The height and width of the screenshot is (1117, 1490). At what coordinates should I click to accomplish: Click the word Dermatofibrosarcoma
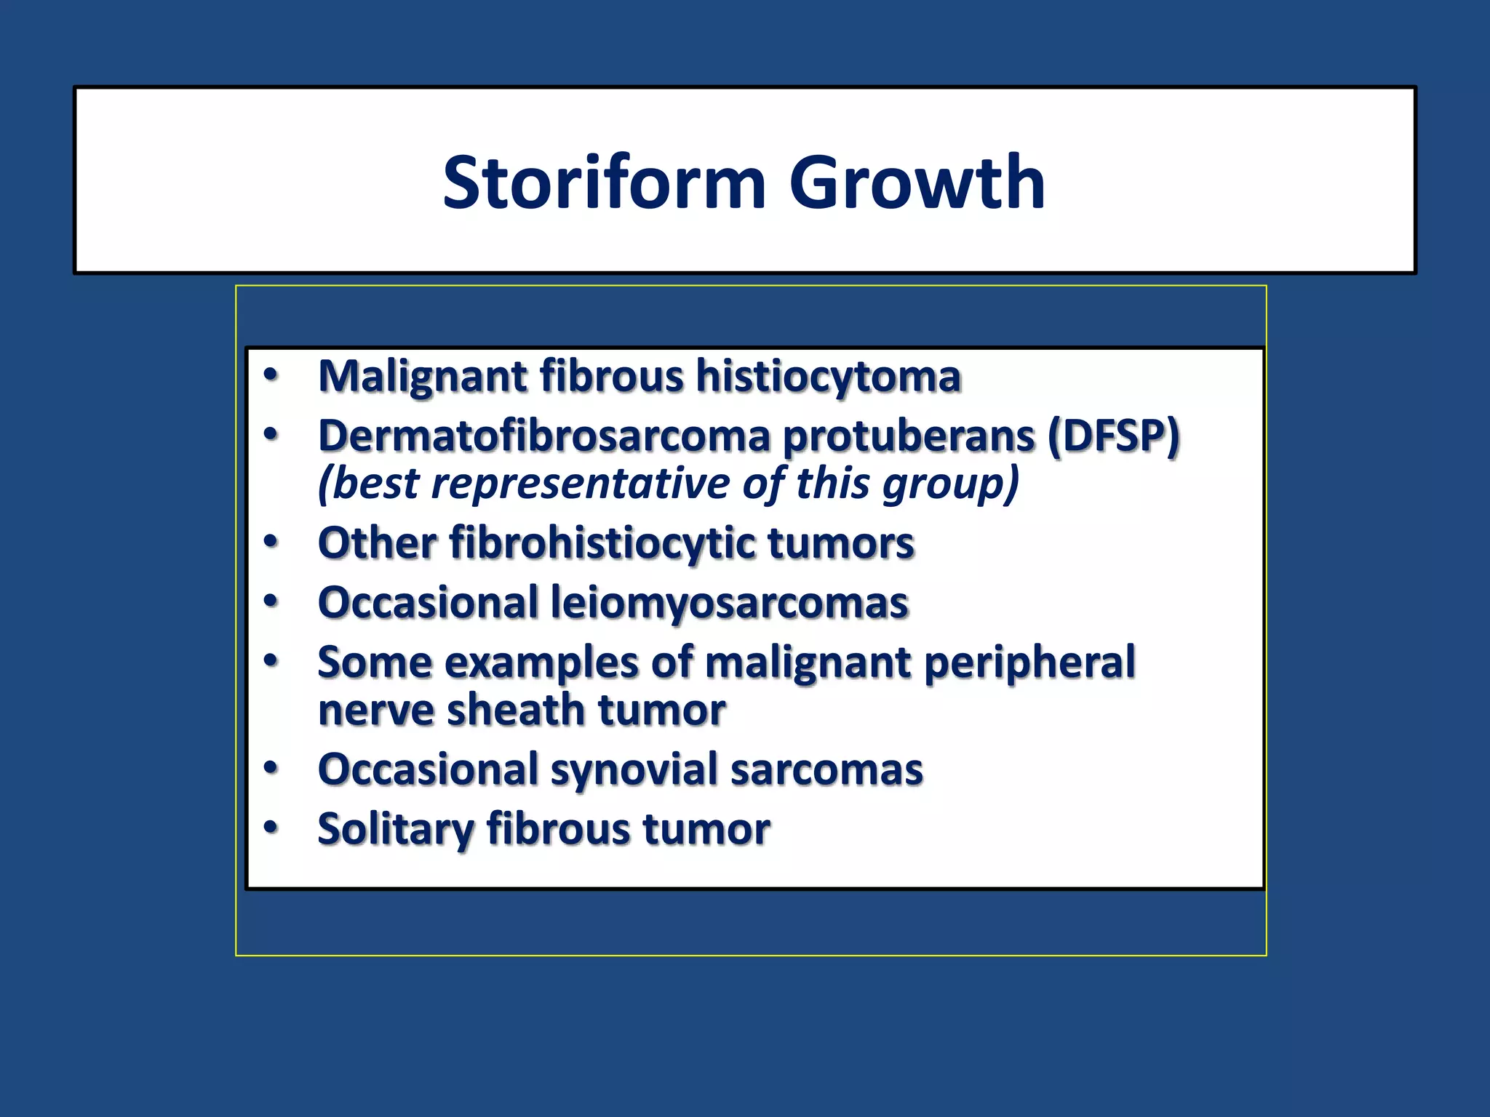pyautogui.click(x=544, y=436)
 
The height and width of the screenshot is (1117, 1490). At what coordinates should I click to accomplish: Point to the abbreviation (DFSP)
pyautogui.click(x=1113, y=436)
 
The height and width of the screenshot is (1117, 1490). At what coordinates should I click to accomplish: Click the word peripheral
pyautogui.click(x=1029, y=662)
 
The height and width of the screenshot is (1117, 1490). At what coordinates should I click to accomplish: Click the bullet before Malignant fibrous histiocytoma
pyautogui.click(x=271, y=375)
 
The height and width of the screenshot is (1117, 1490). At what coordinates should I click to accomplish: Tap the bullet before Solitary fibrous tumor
pyautogui.click(x=271, y=827)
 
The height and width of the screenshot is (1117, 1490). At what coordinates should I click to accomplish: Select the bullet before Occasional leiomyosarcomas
pyautogui.click(x=271, y=601)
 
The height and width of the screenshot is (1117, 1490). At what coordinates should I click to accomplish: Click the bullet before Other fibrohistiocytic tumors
pyautogui.click(x=271, y=542)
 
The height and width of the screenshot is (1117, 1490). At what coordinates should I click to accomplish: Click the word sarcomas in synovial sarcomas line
pyautogui.click(x=826, y=769)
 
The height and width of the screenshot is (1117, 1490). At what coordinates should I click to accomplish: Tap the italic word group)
pyautogui.click(x=950, y=484)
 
